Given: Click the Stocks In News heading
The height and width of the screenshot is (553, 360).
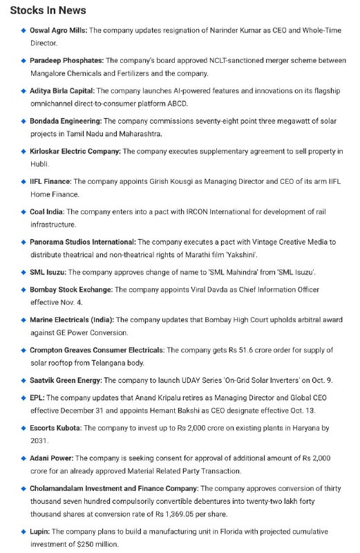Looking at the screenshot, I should pyautogui.click(x=48, y=10).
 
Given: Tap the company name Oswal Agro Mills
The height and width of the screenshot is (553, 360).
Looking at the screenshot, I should pyautogui.click(x=59, y=30).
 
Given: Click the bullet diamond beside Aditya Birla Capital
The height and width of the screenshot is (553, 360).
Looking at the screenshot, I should pyautogui.click(x=23, y=91).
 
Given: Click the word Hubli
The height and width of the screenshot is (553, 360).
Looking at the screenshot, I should pyautogui.click(x=39, y=164).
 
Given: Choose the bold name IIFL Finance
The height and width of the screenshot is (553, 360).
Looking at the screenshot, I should pyautogui.click(x=50, y=182).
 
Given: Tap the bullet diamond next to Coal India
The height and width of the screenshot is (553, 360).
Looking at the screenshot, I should pyautogui.click(x=23, y=212).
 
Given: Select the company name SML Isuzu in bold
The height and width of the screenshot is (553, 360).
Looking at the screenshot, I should pyautogui.click(x=47, y=272).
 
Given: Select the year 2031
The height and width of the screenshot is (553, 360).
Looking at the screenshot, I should pyautogui.click(x=40, y=440).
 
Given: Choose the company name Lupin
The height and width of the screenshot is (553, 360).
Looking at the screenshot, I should pyautogui.click(x=39, y=532).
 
